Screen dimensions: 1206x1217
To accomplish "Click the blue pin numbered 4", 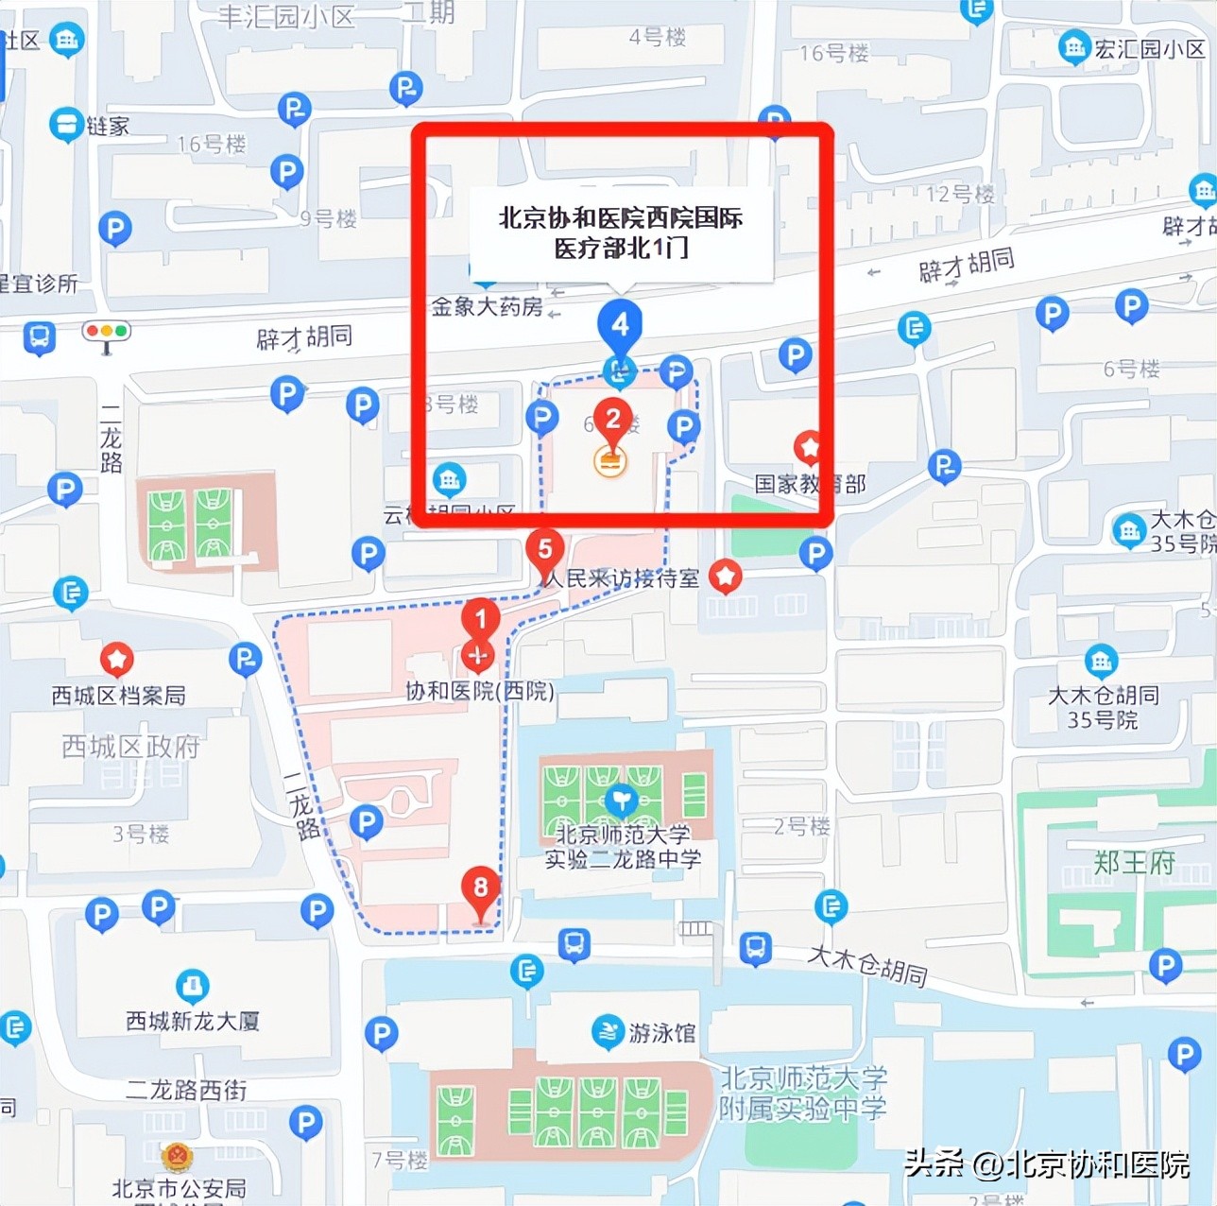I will (620, 324).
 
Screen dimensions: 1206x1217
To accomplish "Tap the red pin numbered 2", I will (613, 419).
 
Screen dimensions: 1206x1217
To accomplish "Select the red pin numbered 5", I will (545, 549).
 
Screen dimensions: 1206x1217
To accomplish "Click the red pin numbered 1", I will (480, 619).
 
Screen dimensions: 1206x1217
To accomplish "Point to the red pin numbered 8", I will (480, 887).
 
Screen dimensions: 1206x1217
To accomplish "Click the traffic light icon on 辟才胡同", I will (107, 333).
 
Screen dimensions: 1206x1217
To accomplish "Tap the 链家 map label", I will (108, 126).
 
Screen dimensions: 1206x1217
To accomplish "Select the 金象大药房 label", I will (487, 306).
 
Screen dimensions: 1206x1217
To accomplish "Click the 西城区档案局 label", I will (118, 696).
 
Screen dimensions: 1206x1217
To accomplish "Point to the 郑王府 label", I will (1134, 862).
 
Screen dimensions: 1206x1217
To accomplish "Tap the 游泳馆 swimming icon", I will (608, 1032).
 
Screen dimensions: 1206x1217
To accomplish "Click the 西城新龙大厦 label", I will (193, 1021).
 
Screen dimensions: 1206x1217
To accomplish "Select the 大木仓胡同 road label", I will (867, 964).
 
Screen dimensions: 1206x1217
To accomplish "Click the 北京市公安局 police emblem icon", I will (177, 1158).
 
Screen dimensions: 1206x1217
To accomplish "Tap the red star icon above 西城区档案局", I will (117, 659).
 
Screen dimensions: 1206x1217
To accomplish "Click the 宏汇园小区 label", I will (1149, 48).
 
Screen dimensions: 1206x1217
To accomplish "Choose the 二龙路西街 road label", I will (186, 1091).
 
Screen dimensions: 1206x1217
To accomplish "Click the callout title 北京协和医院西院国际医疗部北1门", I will (621, 233).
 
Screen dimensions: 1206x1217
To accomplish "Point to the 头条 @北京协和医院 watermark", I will (1046, 1163).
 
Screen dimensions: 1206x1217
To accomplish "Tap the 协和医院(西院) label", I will (480, 691).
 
